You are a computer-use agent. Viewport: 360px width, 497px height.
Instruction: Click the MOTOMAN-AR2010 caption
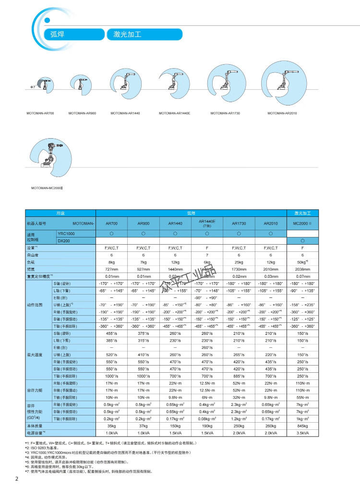click(x=283, y=114)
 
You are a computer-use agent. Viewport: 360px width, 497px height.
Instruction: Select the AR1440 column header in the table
click(x=175, y=224)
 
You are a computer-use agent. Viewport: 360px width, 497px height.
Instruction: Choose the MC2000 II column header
click(x=302, y=224)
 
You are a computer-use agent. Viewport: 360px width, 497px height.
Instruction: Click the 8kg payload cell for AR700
click(x=111, y=263)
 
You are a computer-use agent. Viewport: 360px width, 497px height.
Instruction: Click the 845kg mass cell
click(x=302, y=426)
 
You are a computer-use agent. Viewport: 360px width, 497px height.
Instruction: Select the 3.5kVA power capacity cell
click(x=302, y=433)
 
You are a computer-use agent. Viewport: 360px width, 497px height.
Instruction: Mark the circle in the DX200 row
click(x=302, y=240)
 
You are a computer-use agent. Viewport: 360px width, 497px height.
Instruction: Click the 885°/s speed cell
click(x=239, y=376)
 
